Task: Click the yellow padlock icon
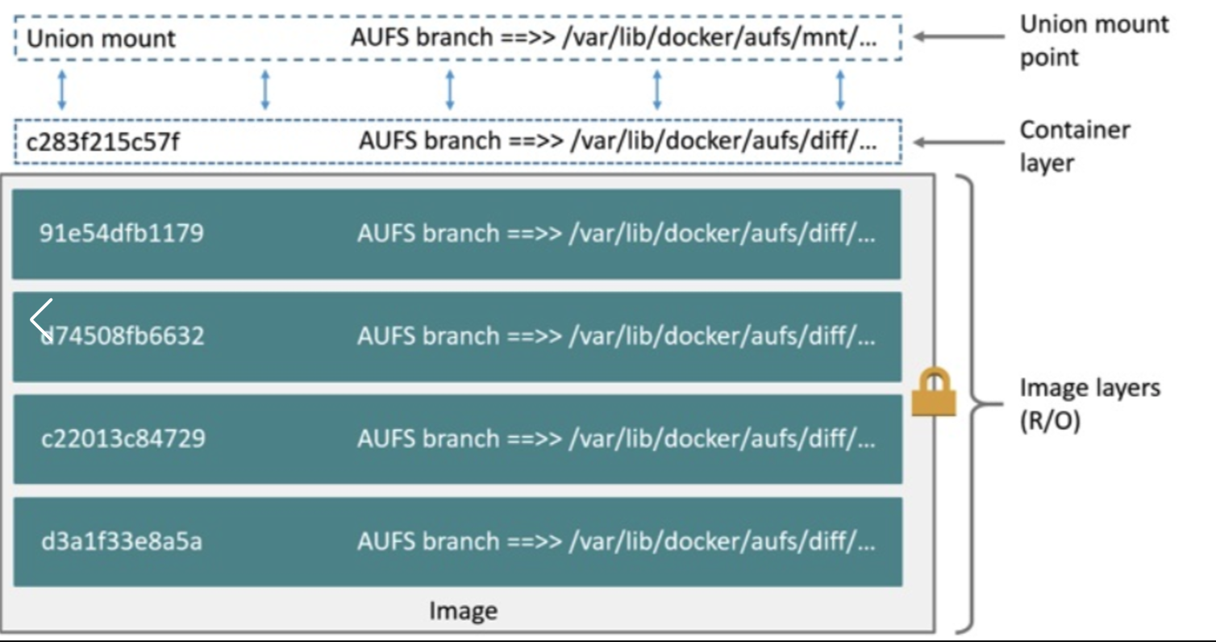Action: click(934, 392)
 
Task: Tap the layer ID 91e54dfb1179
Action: click(122, 233)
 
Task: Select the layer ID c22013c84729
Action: click(123, 438)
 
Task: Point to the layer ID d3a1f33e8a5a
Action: click(122, 541)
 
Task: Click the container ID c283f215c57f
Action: click(102, 142)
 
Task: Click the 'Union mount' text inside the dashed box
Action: click(101, 39)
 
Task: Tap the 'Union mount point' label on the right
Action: click(1094, 41)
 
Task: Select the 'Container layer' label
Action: click(1075, 146)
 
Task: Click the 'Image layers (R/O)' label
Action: click(1089, 404)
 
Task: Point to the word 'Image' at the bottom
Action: click(463, 611)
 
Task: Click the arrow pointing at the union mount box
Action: click(959, 37)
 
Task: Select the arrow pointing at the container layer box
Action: click(959, 142)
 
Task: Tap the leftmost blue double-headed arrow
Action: click(62, 90)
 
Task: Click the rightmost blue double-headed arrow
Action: click(840, 90)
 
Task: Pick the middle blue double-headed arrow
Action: click(449, 90)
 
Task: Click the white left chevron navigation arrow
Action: click(40, 320)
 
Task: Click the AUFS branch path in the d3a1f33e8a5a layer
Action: click(616, 541)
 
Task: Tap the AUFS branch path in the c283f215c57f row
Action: click(618, 140)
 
